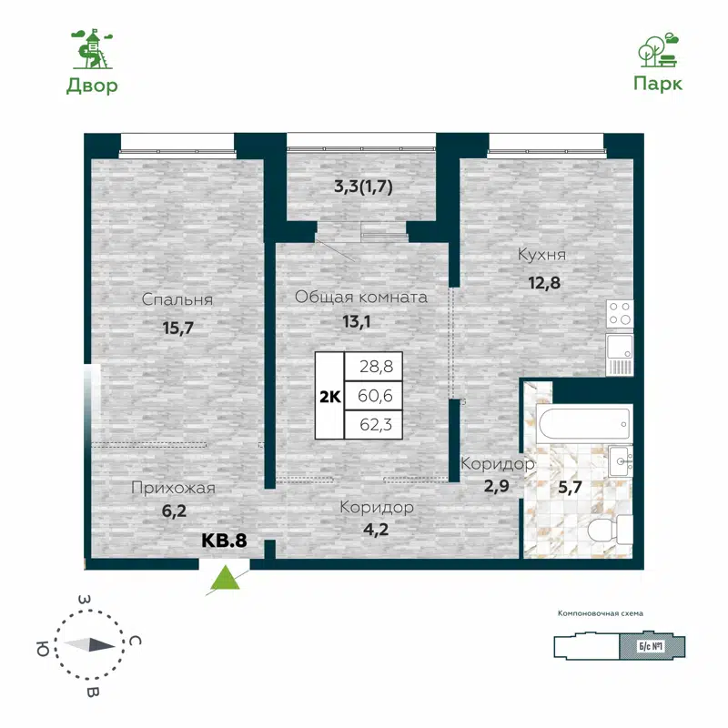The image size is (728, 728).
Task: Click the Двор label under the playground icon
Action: (92, 86)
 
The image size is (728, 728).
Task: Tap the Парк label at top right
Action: (657, 83)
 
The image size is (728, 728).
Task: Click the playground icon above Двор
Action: (92, 48)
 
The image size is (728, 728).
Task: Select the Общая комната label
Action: (361, 297)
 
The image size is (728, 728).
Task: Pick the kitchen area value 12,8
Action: (543, 282)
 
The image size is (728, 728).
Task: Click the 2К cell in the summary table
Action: (329, 396)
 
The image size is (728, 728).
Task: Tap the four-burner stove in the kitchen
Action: (621, 314)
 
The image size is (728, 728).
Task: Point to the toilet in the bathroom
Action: (609, 529)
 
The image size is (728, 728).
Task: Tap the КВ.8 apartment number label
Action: (224, 540)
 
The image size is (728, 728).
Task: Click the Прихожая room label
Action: (173, 488)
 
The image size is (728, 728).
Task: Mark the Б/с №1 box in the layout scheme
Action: (648, 646)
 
